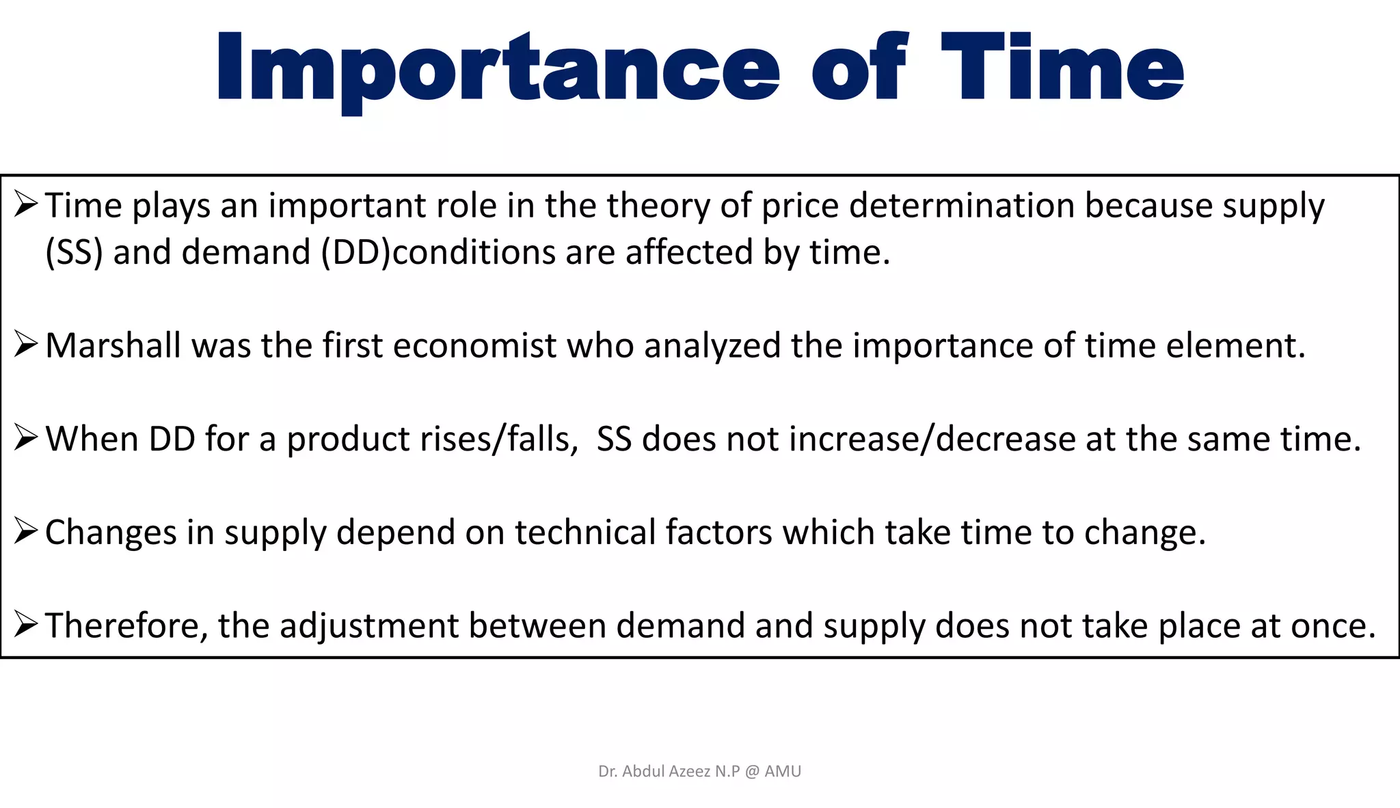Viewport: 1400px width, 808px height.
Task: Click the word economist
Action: pos(474,345)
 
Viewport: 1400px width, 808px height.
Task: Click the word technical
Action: pos(585,532)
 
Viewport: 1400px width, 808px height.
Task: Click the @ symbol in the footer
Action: pos(752,772)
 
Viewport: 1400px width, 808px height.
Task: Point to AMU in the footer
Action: pos(783,772)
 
